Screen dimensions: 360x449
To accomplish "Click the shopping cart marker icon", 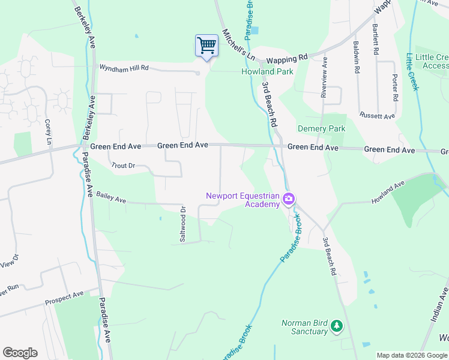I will coord(206,46).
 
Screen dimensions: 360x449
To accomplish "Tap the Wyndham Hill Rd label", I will coord(124,68).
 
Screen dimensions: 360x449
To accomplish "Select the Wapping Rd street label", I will coord(287,59).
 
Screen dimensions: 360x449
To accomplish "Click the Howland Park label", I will coord(267,71).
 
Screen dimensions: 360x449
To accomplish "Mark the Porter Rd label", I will coord(394,88).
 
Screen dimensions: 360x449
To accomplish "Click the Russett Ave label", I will coord(376,115).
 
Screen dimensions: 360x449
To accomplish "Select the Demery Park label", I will coord(322,129).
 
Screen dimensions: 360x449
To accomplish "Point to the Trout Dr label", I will coord(124,165).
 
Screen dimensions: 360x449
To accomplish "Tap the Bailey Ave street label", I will coord(110,197).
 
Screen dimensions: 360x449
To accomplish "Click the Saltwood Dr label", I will coord(184,224).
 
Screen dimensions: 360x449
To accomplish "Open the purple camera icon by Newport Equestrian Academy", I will coord(289,199).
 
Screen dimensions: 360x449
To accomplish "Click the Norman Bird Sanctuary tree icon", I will coord(337,326).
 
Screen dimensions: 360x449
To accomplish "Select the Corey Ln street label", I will coord(48,132).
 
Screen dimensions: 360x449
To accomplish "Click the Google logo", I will coord(20,353).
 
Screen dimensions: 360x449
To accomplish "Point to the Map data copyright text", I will coord(411,355).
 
